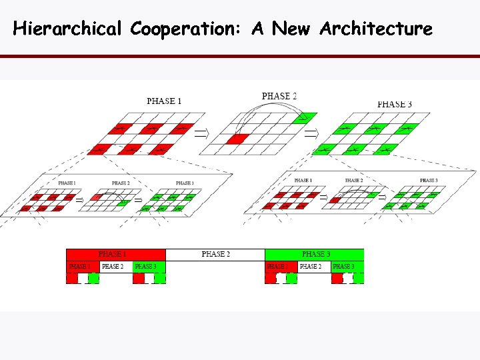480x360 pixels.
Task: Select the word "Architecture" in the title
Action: (x=376, y=29)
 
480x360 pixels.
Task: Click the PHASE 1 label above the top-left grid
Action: (x=164, y=101)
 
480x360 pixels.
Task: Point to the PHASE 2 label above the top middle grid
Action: (x=279, y=96)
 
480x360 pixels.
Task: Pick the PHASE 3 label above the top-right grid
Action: (x=395, y=104)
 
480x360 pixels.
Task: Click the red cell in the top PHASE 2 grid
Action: (x=237, y=139)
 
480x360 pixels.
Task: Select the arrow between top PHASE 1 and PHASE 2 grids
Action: (x=200, y=133)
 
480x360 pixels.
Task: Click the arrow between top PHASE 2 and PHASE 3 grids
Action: (x=311, y=133)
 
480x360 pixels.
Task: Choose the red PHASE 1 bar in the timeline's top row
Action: (x=115, y=254)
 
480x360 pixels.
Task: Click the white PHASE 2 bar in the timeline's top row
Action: (x=215, y=254)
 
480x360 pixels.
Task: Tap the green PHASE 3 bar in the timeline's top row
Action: (x=315, y=254)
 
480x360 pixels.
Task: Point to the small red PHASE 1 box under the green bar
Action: (x=281, y=267)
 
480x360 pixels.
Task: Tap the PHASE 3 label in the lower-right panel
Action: (x=429, y=180)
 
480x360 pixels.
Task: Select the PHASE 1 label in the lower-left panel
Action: (x=67, y=183)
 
